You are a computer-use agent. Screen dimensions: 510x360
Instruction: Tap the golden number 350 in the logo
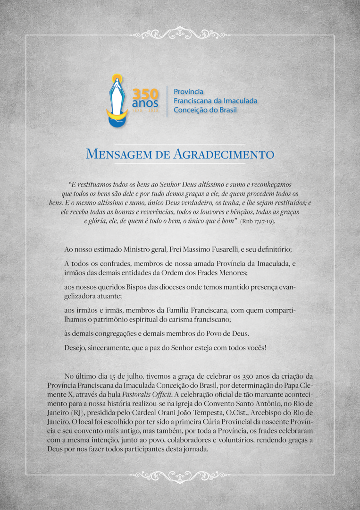click(x=145, y=93)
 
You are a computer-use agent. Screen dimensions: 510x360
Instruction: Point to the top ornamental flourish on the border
click(x=180, y=34)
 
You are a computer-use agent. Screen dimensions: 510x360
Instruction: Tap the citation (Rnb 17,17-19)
click(x=258, y=221)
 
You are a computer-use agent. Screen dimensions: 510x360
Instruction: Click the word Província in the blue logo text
click(x=189, y=92)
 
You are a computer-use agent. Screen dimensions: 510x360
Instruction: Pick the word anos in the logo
click(x=145, y=102)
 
